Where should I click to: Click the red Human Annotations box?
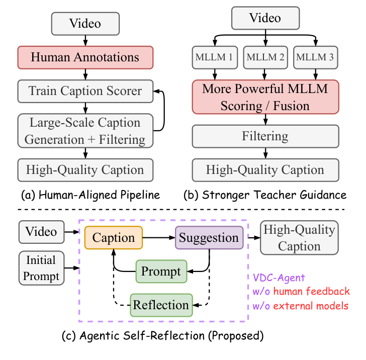(x=85, y=57)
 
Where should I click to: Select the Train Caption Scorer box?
(x=85, y=91)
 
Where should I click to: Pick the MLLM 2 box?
(x=265, y=58)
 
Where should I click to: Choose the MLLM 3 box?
(x=315, y=58)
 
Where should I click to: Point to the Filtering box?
(x=265, y=136)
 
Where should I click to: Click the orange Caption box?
(x=114, y=237)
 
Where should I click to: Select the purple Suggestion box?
(x=209, y=237)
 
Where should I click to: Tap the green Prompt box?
(x=161, y=272)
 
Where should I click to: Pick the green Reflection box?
(x=161, y=305)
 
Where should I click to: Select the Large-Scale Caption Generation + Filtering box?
(x=85, y=130)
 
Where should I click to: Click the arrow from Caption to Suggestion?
(x=159, y=237)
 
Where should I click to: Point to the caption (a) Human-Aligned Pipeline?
(x=85, y=195)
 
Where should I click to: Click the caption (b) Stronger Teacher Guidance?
(x=265, y=195)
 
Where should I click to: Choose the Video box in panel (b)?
(x=265, y=19)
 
